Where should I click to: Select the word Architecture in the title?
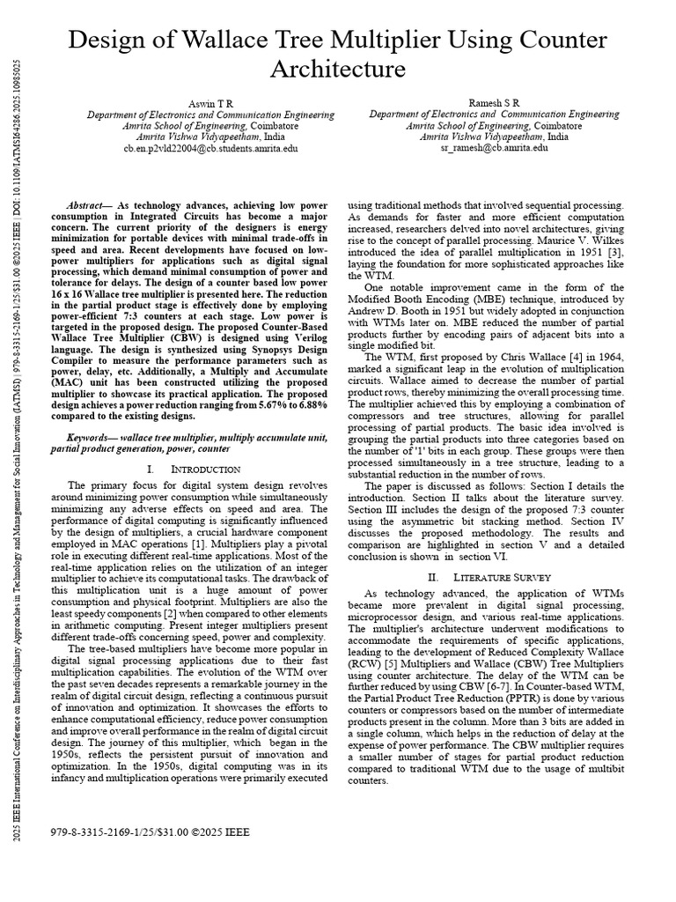click(x=337, y=70)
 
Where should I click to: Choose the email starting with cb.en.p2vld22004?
click(x=210, y=149)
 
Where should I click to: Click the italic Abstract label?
click(x=90, y=203)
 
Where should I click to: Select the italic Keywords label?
click(x=94, y=438)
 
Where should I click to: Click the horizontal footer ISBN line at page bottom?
click(x=150, y=832)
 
